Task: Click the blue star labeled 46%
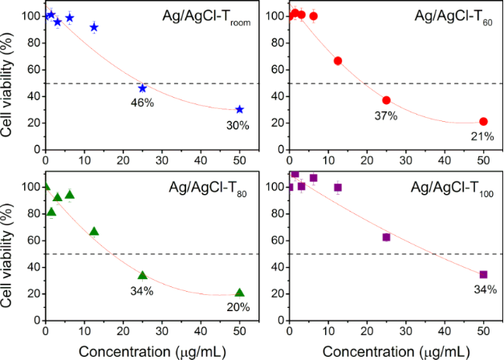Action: [x=143, y=88]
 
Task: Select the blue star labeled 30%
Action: [x=240, y=109]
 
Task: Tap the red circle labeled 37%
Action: [x=386, y=100]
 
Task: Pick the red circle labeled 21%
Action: [x=483, y=121]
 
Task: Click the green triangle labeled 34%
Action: [x=143, y=275]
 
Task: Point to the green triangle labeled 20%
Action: [x=240, y=293]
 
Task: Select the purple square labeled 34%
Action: [x=483, y=274]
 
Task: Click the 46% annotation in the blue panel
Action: [x=143, y=103]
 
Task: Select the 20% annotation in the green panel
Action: [x=239, y=307]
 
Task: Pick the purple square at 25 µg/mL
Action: [x=386, y=237]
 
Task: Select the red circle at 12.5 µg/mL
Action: [x=338, y=61]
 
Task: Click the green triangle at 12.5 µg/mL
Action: [x=94, y=232]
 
